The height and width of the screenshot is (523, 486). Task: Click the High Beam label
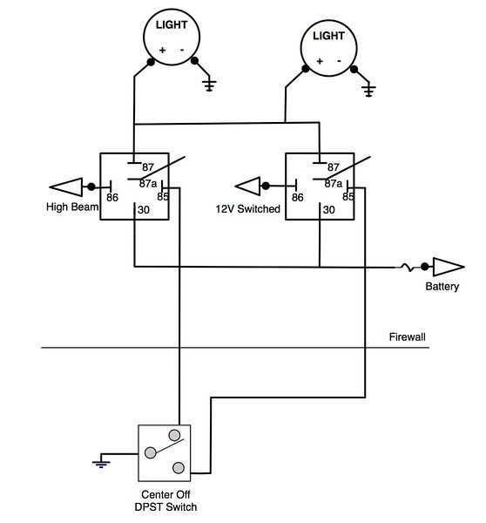coord(72,207)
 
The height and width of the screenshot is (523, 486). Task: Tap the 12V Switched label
coord(247,209)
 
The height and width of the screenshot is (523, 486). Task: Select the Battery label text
coord(442,287)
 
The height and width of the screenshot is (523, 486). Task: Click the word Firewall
coord(407,336)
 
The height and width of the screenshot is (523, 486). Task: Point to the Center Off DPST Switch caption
coord(165,500)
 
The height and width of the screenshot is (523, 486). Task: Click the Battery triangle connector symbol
coord(449,267)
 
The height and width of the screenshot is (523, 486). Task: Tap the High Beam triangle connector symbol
coord(66,187)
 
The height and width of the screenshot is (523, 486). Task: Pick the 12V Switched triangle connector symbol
coord(247,187)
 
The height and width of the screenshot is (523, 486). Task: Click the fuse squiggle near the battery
coord(408,268)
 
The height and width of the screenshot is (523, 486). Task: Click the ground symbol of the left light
coord(209,85)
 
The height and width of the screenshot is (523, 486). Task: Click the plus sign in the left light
coord(162,50)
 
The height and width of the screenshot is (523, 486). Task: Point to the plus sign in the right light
coord(320,61)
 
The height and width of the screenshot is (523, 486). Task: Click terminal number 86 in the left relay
coord(112,198)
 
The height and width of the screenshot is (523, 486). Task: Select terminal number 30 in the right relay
coord(328,210)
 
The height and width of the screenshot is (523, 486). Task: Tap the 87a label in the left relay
coord(148,183)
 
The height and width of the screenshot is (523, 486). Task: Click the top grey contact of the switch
coord(174,435)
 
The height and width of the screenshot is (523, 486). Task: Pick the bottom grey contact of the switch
coord(179,467)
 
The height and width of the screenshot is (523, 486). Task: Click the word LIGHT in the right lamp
coord(328,36)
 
